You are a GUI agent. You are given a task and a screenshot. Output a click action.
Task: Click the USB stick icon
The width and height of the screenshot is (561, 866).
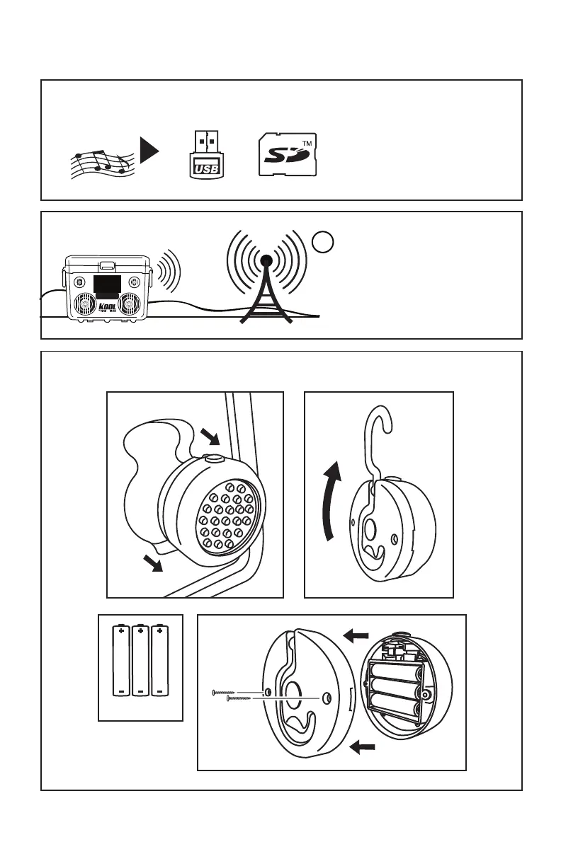205,154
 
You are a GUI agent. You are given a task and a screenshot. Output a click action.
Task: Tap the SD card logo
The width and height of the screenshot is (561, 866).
286,154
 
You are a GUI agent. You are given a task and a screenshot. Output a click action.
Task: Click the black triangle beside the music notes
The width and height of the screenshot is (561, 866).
149,151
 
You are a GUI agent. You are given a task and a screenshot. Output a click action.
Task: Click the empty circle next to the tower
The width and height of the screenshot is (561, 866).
321,243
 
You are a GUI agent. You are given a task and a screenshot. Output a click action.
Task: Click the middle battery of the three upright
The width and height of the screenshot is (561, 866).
141,659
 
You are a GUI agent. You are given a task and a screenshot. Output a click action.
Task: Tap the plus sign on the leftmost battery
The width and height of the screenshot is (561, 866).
122,629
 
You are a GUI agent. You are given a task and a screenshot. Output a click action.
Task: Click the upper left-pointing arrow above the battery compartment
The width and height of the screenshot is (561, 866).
356,637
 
